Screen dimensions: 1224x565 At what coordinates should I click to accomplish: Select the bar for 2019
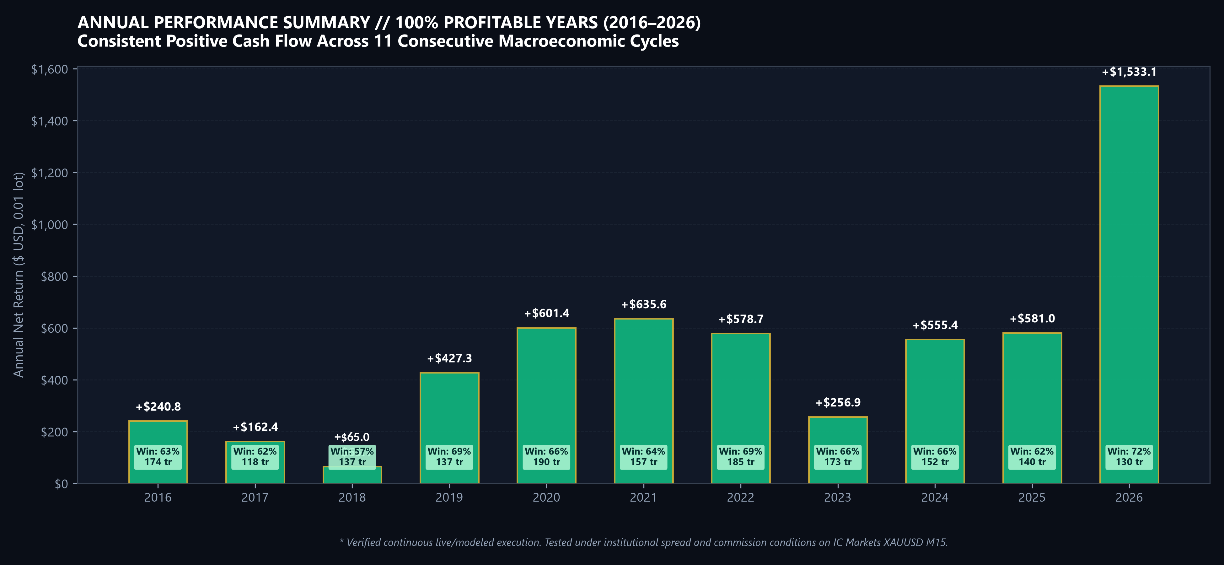pyautogui.click(x=449, y=428)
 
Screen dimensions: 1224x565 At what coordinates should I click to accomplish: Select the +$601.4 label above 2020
pyautogui.click(x=546, y=313)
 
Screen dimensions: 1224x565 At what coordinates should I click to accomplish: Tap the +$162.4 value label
pyautogui.click(x=255, y=427)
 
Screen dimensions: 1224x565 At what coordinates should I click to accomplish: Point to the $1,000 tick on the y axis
pyautogui.click(x=49, y=224)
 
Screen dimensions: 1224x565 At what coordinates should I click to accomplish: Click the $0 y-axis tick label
pyautogui.click(x=61, y=484)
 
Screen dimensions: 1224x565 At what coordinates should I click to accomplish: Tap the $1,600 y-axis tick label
pyautogui.click(x=49, y=69)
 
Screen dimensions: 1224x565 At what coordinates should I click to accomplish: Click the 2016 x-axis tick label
pyautogui.click(x=158, y=497)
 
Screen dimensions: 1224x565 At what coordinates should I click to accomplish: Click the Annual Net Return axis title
pyautogui.click(x=18, y=275)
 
